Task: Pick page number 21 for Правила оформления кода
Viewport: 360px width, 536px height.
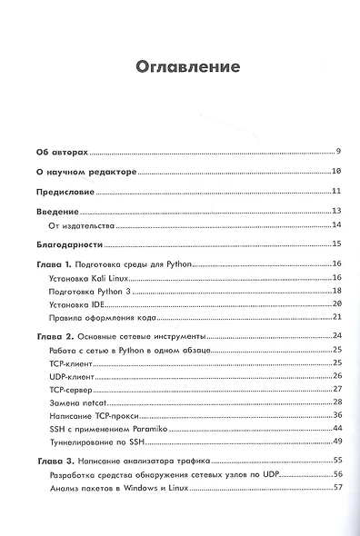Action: [x=335, y=317]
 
